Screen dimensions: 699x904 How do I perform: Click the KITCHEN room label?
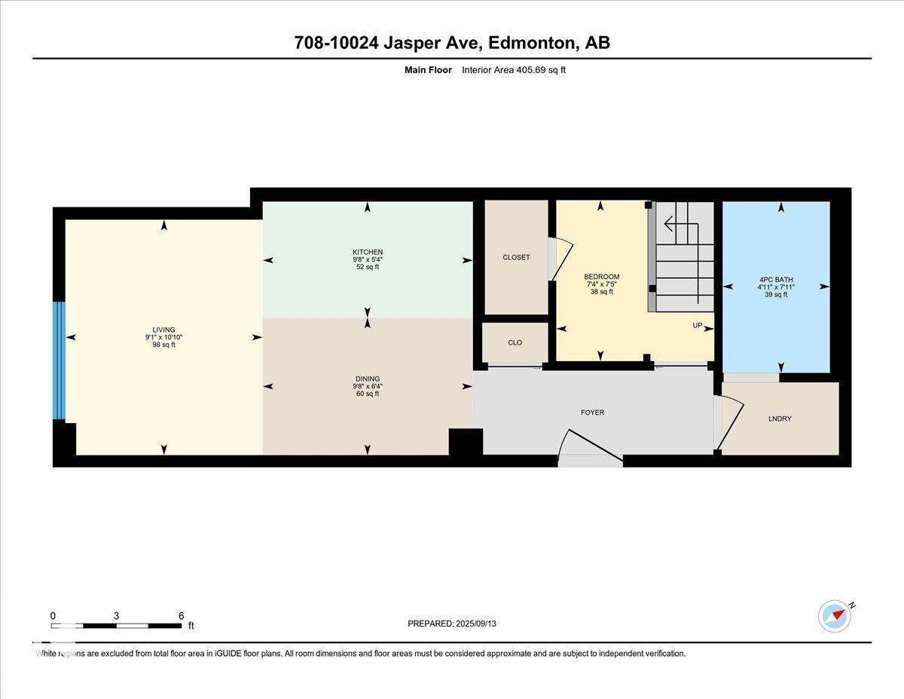click(368, 252)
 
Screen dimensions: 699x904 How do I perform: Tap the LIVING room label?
click(163, 330)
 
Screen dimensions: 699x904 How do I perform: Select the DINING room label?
click(368, 379)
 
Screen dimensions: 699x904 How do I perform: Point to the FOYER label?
click(592, 412)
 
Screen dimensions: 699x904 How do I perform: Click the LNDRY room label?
click(780, 418)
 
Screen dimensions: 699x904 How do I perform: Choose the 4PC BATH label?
click(775, 280)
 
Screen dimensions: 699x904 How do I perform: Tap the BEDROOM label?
click(601, 277)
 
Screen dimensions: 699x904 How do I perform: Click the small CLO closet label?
click(515, 342)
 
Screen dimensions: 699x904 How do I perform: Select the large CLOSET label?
click(516, 257)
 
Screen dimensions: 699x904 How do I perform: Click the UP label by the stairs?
click(698, 326)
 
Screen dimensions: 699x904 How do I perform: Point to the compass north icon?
click(835, 615)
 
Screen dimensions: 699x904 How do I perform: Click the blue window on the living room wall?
click(59, 360)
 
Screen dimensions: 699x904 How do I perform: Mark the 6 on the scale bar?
click(181, 615)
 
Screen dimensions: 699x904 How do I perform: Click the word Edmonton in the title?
click(532, 43)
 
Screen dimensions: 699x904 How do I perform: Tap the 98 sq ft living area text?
click(163, 345)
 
